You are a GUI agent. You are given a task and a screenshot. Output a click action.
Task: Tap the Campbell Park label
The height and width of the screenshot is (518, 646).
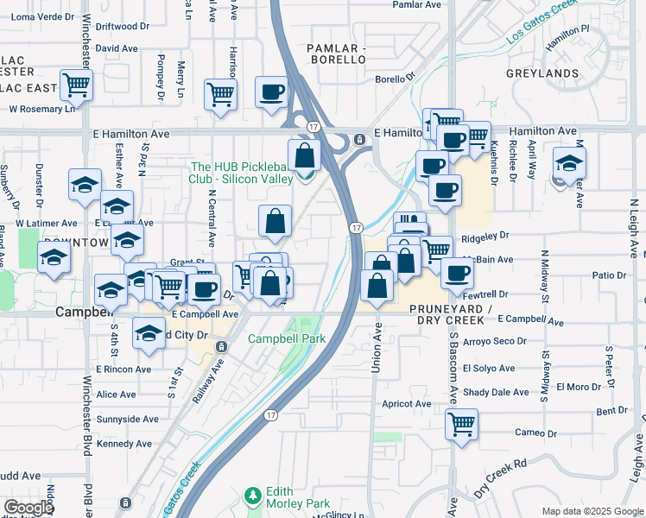click(x=287, y=338)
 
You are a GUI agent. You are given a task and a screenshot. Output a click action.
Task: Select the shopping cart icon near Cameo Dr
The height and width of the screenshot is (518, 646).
click(x=462, y=424)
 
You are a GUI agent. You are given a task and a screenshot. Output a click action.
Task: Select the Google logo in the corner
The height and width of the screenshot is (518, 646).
click(x=29, y=508)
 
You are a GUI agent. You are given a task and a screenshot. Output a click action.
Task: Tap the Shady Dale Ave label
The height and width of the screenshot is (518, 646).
click(x=496, y=392)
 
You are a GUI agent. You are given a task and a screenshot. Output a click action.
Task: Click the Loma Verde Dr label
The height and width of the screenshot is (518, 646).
click(x=41, y=16)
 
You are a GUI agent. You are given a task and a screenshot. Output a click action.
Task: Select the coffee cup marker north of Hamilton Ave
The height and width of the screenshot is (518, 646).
click(x=271, y=92)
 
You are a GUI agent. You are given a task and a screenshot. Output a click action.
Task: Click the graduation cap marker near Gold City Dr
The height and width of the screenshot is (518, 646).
click(x=149, y=332)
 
